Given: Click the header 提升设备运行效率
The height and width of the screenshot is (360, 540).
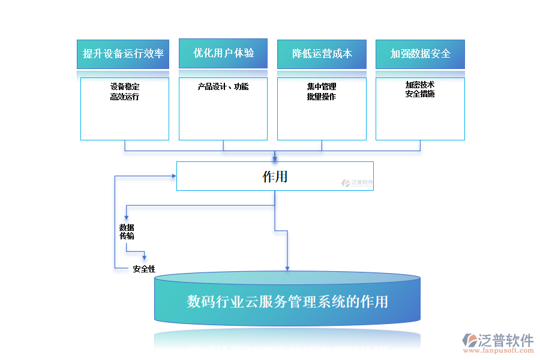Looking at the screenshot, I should [124, 53].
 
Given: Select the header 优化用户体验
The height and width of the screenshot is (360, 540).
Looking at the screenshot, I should [223, 53].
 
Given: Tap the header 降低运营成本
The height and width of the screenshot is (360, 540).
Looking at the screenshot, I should [322, 53].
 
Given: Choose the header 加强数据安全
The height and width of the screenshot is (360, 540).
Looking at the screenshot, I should [420, 53].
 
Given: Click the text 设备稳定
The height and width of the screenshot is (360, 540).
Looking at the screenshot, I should [125, 87].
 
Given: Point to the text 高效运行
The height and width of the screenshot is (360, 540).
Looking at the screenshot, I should [125, 97].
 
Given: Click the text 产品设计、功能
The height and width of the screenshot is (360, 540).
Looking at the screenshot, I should [223, 87].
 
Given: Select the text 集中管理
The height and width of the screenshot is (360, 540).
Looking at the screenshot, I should [322, 87].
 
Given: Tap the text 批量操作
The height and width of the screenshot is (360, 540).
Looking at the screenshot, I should [322, 97].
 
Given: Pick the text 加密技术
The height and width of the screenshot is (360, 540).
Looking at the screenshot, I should [420, 85].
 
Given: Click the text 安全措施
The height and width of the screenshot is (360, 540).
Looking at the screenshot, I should [420, 94].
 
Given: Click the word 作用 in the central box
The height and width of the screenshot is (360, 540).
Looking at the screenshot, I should [275, 176].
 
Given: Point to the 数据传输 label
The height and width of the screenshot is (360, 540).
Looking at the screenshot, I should [127, 232].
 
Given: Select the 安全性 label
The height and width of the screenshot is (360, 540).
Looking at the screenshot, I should [144, 269].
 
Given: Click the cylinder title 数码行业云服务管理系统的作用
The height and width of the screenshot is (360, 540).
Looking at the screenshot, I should [287, 301].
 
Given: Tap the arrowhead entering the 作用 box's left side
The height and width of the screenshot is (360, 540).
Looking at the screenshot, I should [173, 176].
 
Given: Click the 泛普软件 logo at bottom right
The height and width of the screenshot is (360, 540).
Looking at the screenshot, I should [498, 340].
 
